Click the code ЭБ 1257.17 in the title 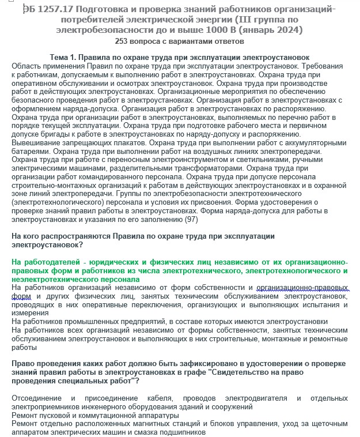[x=50, y=9]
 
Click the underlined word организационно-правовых [x=302, y=287]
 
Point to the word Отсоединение [x=37, y=398]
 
